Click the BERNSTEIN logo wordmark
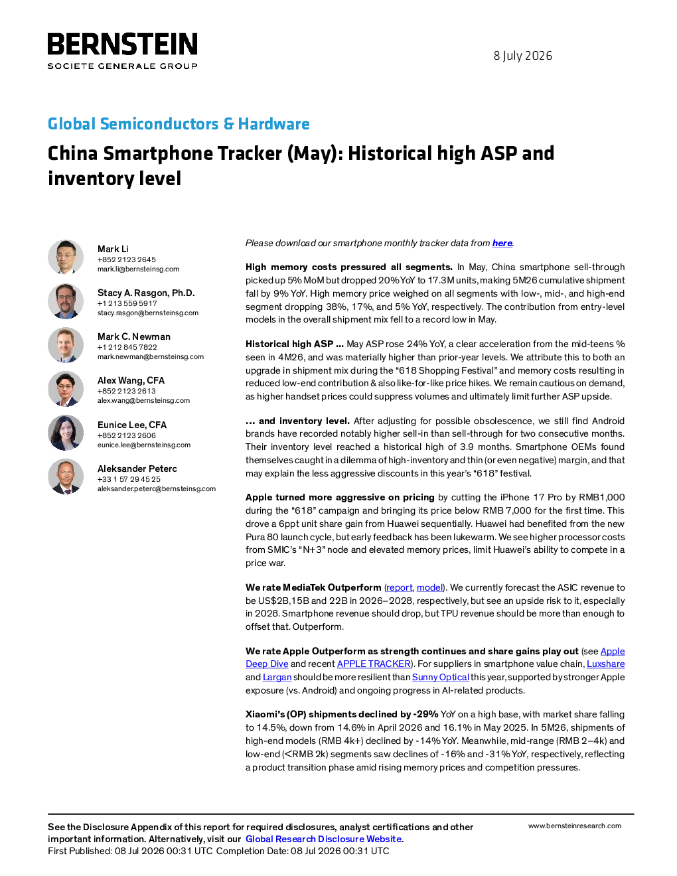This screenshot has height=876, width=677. pyautogui.click(x=122, y=44)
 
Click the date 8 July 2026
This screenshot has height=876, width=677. pyautogui.click(x=522, y=56)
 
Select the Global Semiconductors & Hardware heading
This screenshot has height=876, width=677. pyautogui.click(x=179, y=123)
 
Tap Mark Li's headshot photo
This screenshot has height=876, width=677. pyautogui.click(x=66, y=257)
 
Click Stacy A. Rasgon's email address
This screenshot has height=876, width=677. pyautogui.click(x=147, y=313)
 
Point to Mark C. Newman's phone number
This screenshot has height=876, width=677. pyautogui.click(x=127, y=347)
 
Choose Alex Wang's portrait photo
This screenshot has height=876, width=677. pyautogui.click(x=66, y=389)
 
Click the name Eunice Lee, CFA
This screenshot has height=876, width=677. pyautogui.click(x=132, y=425)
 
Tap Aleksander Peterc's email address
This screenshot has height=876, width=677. pyautogui.click(x=157, y=488)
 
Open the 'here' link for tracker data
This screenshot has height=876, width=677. pyautogui.click(x=502, y=243)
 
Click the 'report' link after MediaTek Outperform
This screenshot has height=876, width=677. pyautogui.click(x=399, y=587)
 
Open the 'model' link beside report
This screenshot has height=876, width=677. pyautogui.click(x=430, y=587)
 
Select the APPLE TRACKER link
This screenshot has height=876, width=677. pyautogui.click(x=374, y=664)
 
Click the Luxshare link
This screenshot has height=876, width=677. pyautogui.click(x=605, y=664)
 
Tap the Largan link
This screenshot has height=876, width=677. pyautogui.click(x=277, y=678)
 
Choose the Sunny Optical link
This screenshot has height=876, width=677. pyautogui.click(x=440, y=678)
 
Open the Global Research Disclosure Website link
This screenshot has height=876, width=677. pyautogui.click(x=324, y=839)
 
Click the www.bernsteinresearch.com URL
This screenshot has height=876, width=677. pyautogui.click(x=575, y=826)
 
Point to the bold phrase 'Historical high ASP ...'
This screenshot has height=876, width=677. pyautogui.click(x=295, y=344)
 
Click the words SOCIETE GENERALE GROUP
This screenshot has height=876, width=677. pyautogui.click(x=122, y=66)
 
